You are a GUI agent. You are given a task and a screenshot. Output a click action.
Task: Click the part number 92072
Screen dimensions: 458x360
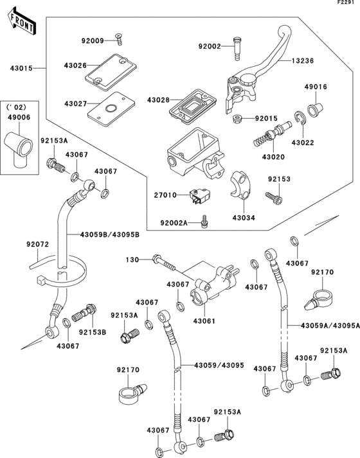(38, 245)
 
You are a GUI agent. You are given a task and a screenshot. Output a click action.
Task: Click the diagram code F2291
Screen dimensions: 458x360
(346, 4)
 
